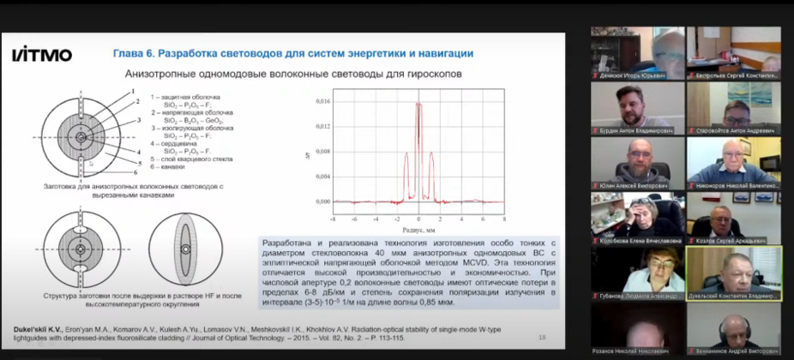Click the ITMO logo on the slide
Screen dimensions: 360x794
click(41, 55)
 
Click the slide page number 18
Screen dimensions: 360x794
click(541, 337)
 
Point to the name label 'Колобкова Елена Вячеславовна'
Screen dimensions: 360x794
click(640, 241)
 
